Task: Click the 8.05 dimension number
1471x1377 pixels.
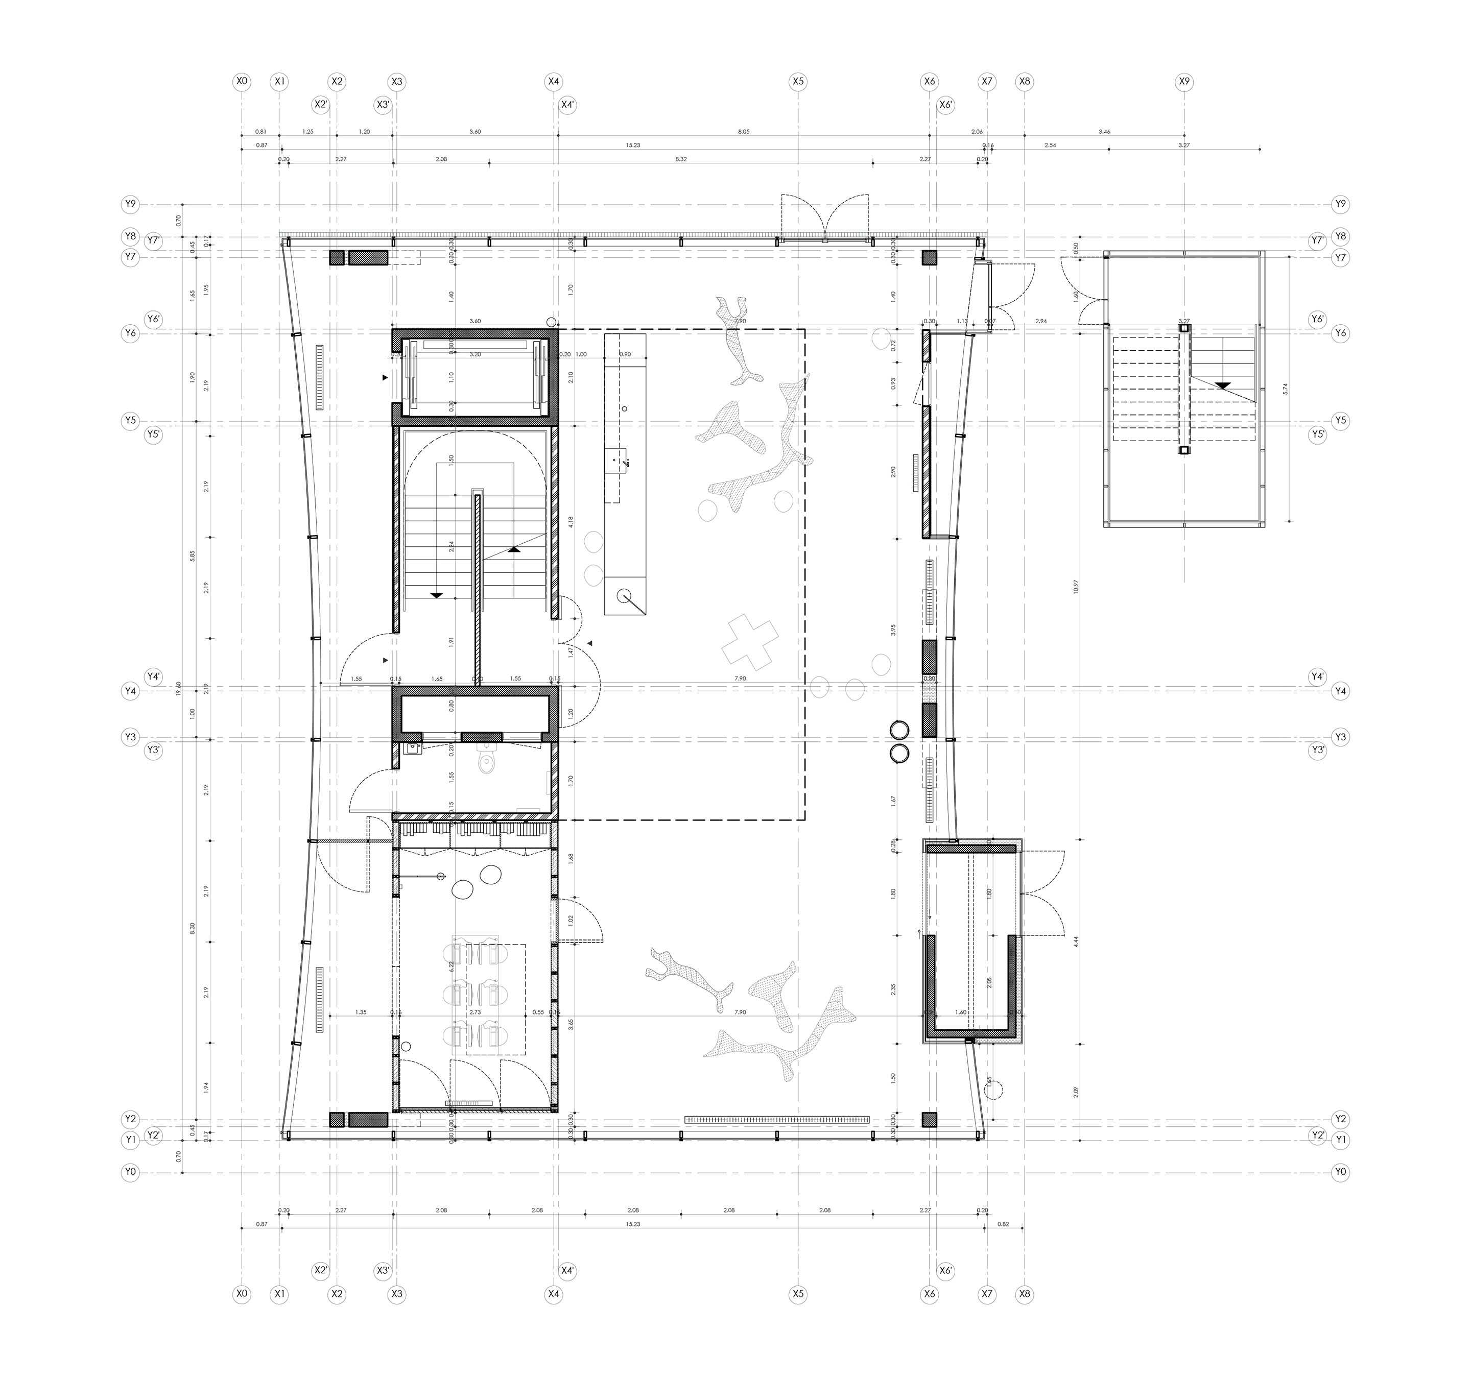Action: click(744, 132)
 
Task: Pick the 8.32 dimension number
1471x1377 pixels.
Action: click(681, 159)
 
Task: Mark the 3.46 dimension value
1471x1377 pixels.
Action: click(1104, 132)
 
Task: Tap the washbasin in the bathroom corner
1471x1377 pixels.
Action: click(411, 748)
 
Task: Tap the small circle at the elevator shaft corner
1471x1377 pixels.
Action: click(551, 322)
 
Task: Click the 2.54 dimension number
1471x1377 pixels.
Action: click(1050, 146)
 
